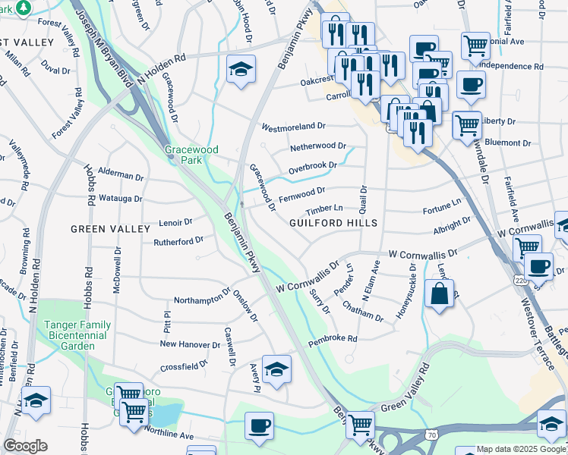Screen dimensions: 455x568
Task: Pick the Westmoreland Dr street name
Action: (293, 127)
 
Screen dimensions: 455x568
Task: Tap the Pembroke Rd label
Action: (332, 340)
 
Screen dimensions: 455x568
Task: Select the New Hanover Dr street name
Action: (190, 344)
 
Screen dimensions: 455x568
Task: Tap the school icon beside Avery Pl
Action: (276, 369)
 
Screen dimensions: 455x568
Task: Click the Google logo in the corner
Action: (25, 446)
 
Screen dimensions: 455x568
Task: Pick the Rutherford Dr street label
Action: (179, 241)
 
